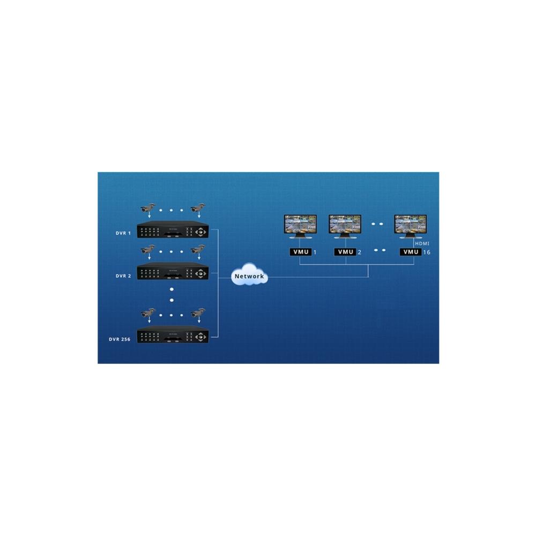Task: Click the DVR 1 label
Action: click(x=123, y=233)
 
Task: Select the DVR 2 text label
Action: click(x=123, y=276)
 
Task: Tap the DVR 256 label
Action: click(x=120, y=339)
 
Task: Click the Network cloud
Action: click(x=250, y=274)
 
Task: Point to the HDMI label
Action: click(x=422, y=243)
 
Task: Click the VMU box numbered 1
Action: click(x=301, y=252)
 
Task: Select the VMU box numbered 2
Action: click(x=345, y=252)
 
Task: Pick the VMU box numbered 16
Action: click(x=411, y=252)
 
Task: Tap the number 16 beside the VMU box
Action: click(x=427, y=252)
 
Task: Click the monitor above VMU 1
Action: click(x=301, y=226)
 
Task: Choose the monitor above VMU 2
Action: click(x=345, y=226)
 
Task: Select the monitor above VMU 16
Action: click(x=410, y=226)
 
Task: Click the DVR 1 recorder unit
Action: click(x=173, y=229)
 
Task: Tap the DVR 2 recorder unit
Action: click(x=173, y=271)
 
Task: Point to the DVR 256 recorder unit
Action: click(x=173, y=334)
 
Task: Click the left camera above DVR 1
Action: click(x=148, y=208)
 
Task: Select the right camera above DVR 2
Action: click(x=198, y=249)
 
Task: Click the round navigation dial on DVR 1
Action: click(x=200, y=232)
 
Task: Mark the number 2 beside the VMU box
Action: click(x=359, y=252)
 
